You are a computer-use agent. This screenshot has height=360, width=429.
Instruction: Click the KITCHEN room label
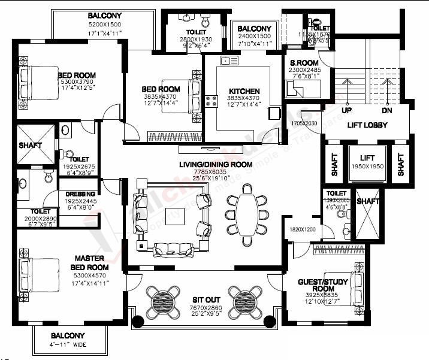[244, 92]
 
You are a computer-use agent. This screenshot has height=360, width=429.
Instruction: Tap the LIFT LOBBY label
[367, 125]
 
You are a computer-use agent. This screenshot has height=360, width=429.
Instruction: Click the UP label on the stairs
[346, 111]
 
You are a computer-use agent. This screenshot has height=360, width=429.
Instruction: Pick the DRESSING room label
[78, 195]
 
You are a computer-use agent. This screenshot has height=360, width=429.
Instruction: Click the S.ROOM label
[304, 63]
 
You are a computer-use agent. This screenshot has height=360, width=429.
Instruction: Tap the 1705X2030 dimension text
[304, 123]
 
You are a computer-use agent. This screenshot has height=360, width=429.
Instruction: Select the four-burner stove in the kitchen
[211, 101]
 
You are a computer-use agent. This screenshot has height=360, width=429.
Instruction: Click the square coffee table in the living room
[176, 219]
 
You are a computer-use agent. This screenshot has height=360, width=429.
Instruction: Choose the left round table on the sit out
[163, 299]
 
